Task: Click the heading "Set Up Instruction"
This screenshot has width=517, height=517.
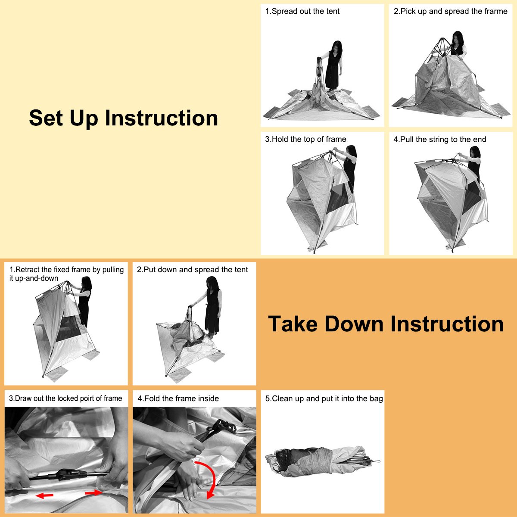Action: (123, 118)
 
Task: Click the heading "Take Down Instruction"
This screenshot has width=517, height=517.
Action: (386, 324)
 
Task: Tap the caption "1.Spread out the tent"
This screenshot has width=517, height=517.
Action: (302, 11)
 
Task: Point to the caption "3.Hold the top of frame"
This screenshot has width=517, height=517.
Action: (305, 139)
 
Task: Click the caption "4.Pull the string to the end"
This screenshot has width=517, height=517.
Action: (440, 140)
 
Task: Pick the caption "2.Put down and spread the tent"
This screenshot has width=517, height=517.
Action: (192, 270)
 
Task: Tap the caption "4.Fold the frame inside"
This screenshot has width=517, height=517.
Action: (178, 399)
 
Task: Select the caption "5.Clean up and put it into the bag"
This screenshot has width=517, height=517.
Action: (324, 399)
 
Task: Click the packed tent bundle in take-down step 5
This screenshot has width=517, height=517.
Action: (322, 461)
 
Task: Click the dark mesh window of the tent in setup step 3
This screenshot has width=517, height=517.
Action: (338, 199)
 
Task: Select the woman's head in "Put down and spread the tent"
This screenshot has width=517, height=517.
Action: (212, 283)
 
